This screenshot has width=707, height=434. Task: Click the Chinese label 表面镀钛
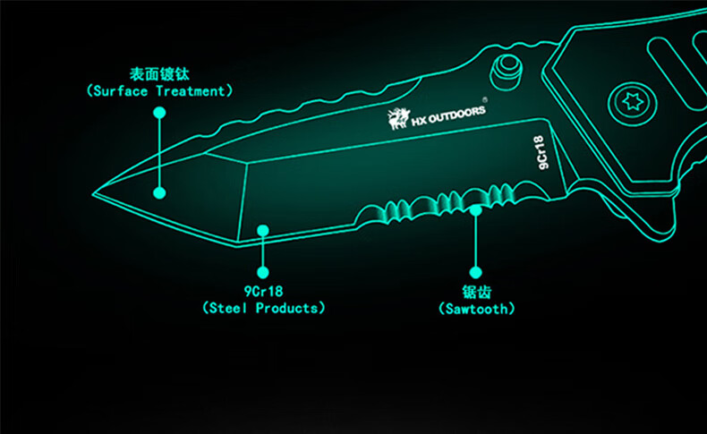pyautogui.click(x=159, y=74)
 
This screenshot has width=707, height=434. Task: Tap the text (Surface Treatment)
pyautogui.click(x=159, y=91)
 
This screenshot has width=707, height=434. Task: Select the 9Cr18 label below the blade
pyautogui.click(x=263, y=291)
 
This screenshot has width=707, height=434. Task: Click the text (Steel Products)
pyautogui.click(x=263, y=308)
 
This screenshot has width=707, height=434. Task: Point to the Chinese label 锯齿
pyautogui.click(x=476, y=292)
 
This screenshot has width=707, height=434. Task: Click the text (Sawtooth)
pyautogui.click(x=476, y=309)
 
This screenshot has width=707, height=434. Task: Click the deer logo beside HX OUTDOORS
pyautogui.click(x=398, y=118)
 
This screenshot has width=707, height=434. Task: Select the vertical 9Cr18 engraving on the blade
pyautogui.click(x=541, y=153)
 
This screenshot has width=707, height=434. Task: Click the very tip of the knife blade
pyautogui.click(x=93, y=194)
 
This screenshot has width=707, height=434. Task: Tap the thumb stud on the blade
pyautogui.click(x=507, y=71)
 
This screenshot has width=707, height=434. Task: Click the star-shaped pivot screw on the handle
pyautogui.click(x=632, y=102)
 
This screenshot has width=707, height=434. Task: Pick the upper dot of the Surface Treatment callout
pyautogui.click(x=159, y=113)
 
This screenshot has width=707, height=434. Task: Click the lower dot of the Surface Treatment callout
pyautogui.click(x=159, y=193)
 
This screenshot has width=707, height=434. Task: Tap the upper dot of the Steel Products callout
pyautogui.click(x=263, y=231)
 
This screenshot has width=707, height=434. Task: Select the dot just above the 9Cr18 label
pyautogui.click(x=263, y=272)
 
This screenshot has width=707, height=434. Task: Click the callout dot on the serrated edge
pyautogui.click(x=476, y=210)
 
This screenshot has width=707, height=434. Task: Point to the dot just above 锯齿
pyautogui.click(x=476, y=272)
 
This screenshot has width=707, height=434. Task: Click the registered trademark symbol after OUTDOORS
pyautogui.click(x=485, y=99)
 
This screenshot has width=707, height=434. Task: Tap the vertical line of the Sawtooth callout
pyautogui.click(x=476, y=241)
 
